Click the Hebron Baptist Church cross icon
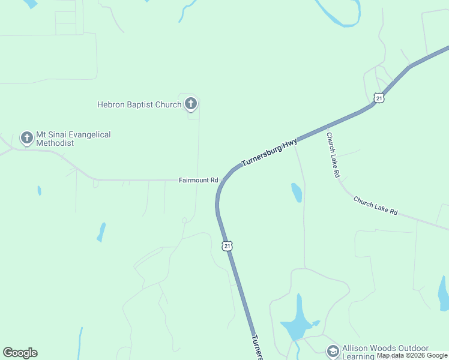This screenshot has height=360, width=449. tap(191, 104)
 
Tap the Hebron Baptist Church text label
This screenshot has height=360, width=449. tap(139, 104)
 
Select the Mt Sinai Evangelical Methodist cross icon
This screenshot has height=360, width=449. tap(26, 138)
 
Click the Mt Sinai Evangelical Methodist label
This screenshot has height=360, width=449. tap(73, 139)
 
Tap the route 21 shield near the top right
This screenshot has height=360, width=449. tap(378, 97)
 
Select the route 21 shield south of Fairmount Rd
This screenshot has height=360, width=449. tap(227, 246)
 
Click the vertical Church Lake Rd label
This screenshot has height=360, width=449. tap(333, 155)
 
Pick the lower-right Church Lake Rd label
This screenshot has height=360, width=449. tap(375, 206)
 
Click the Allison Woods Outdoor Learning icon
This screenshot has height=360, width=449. tap(333, 350)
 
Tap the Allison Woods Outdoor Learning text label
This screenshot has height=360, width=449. tap(385, 352)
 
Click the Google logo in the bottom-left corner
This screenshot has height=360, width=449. tap(20, 353)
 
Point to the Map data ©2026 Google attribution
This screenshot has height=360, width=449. tap(412, 356)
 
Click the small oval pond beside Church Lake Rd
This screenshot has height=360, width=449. tap(297, 192)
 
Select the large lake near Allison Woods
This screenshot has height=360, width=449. tap(298, 323)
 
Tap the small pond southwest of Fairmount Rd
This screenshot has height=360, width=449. tap(101, 232)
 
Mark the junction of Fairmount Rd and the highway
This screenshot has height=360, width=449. tap(221, 180)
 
